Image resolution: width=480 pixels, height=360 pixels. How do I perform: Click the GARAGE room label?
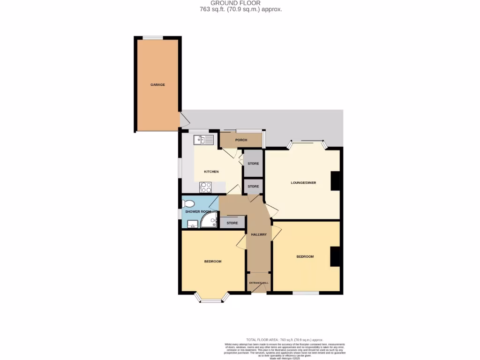click(x=157, y=85)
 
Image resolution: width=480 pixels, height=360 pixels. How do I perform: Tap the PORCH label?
click(x=241, y=140)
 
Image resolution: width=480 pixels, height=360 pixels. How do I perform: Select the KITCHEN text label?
click(x=211, y=172)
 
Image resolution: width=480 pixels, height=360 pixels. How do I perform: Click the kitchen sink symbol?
click(x=204, y=139)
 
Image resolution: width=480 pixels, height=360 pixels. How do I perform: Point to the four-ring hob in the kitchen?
click(x=206, y=187)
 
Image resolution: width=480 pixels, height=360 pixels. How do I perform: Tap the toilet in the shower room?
click(x=188, y=204)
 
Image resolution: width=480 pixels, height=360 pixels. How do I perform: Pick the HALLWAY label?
click(x=259, y=234)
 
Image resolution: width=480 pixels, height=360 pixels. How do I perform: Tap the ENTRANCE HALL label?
click(x=259, y=283)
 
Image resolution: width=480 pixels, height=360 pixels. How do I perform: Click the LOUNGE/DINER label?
click(x=303, y=182)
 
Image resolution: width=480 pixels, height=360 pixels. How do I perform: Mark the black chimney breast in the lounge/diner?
click(x=336, y=181)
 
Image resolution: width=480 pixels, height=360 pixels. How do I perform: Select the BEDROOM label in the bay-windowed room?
click(x=212, y=261)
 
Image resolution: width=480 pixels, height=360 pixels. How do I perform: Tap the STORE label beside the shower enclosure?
click(x=232, y=223)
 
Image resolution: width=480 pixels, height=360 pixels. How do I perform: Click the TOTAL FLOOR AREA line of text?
click(x=285, y=339)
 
